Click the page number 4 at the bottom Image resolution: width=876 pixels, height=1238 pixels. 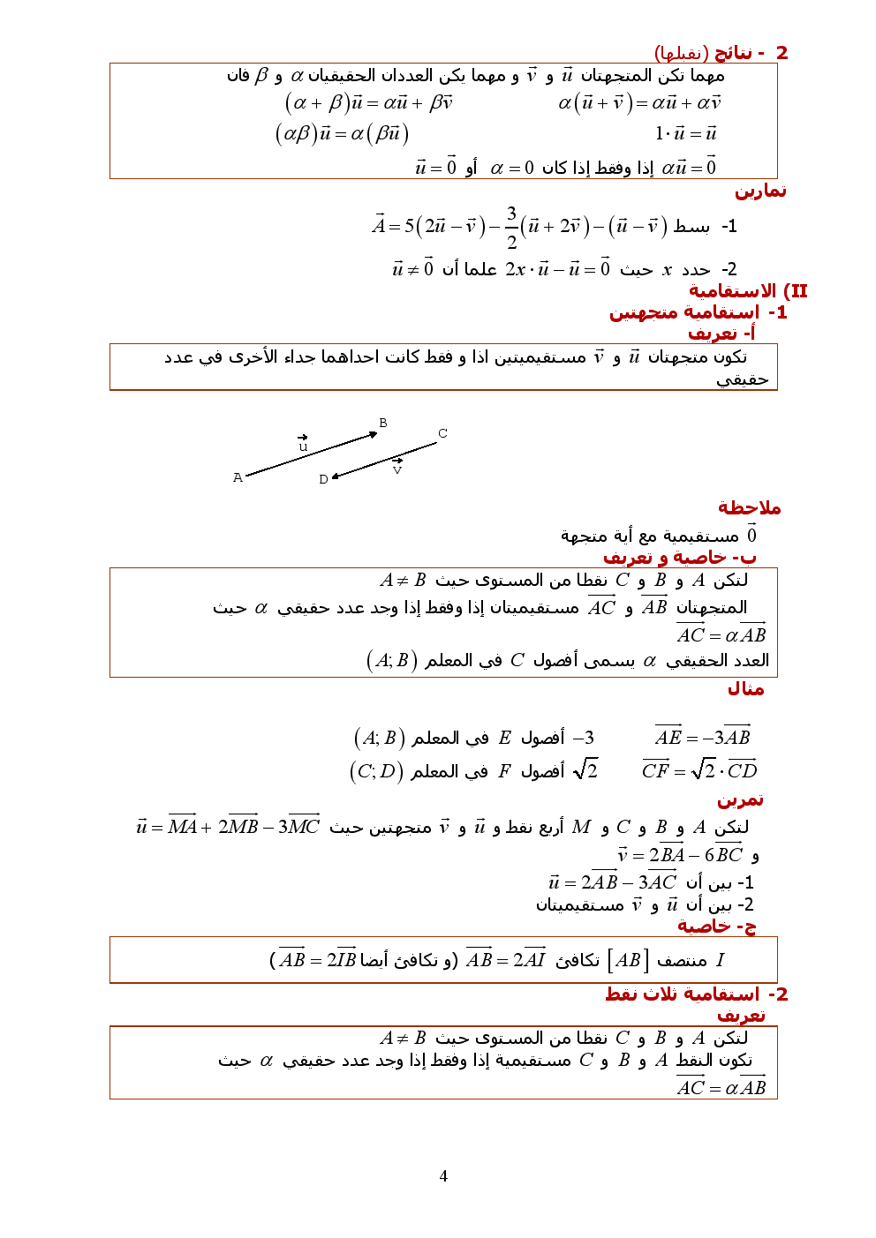click(x=443, y=1175)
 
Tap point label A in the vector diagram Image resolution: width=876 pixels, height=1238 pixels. click(x=238, y=477)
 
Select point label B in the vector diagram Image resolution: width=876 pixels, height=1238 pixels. click(x=383, y=423)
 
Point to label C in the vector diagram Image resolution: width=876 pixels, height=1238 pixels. click(x=442, y=433)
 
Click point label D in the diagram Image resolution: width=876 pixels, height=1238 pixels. click(x=323, y=479)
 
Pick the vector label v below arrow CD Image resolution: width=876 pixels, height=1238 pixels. click(x=397, y=469)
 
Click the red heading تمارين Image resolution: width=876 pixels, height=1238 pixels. click(x=760, y=191)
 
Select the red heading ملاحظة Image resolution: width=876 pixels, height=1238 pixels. click(x=749, y=508)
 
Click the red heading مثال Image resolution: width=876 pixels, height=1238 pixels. click(x=745, y=689)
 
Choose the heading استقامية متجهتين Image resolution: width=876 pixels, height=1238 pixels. click(x=684, y=312)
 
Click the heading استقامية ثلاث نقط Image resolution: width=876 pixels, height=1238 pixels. click(x=683, y=994)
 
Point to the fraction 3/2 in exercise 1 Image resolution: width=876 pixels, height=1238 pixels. click(x=511, y=228)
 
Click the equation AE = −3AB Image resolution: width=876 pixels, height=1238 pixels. click(x=703, y=737)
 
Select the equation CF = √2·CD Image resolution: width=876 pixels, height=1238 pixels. click(x=699, y=769)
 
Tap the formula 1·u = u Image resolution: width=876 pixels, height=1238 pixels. click(x=685, y=133)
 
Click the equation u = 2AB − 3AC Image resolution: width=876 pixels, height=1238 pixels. click(x=613, y=882)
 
